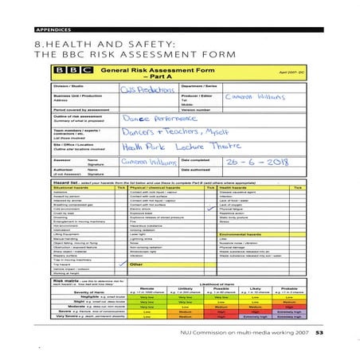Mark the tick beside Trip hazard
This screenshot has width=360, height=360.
pyautogui.click(x=121, y=264)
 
